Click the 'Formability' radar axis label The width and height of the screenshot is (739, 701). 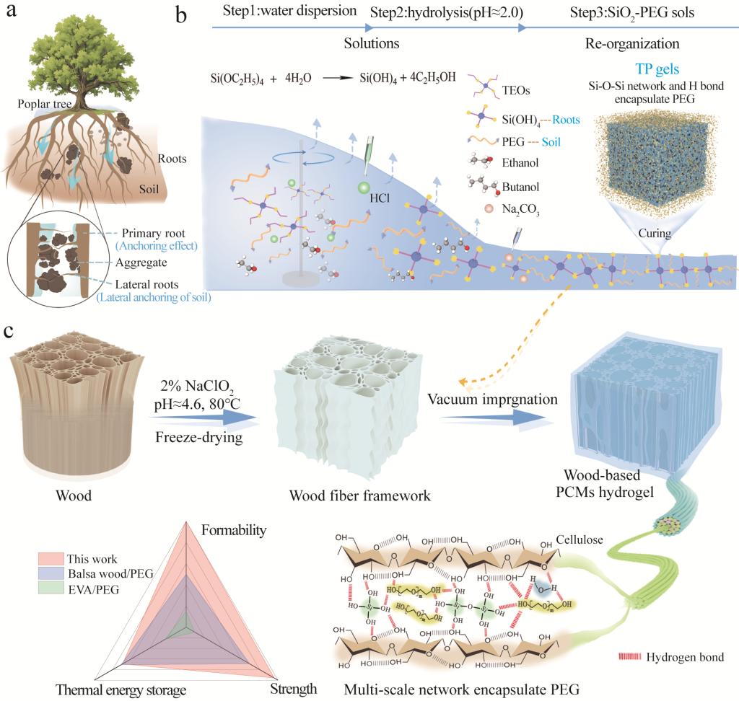point(234,530)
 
